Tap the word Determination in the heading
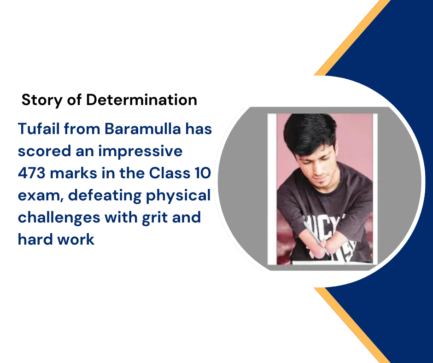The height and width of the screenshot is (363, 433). click(x=142, y=100)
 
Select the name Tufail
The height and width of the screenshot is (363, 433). click(x=39, y=129)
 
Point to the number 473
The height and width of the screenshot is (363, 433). click(x=31, y=173)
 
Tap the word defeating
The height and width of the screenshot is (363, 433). click(x=105, y=196)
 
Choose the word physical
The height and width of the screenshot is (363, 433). click(x=178, y=196)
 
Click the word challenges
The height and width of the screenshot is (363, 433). click(x=59, y=218)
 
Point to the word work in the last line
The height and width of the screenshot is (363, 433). click(x=76, y=240)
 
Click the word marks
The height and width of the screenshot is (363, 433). click(x=73, y=173)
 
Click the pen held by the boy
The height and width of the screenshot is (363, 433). click(x=316, y=238)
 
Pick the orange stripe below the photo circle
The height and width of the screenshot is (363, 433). click(x=352, y=325)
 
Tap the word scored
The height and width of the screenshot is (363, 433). click(x=45, y=151)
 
